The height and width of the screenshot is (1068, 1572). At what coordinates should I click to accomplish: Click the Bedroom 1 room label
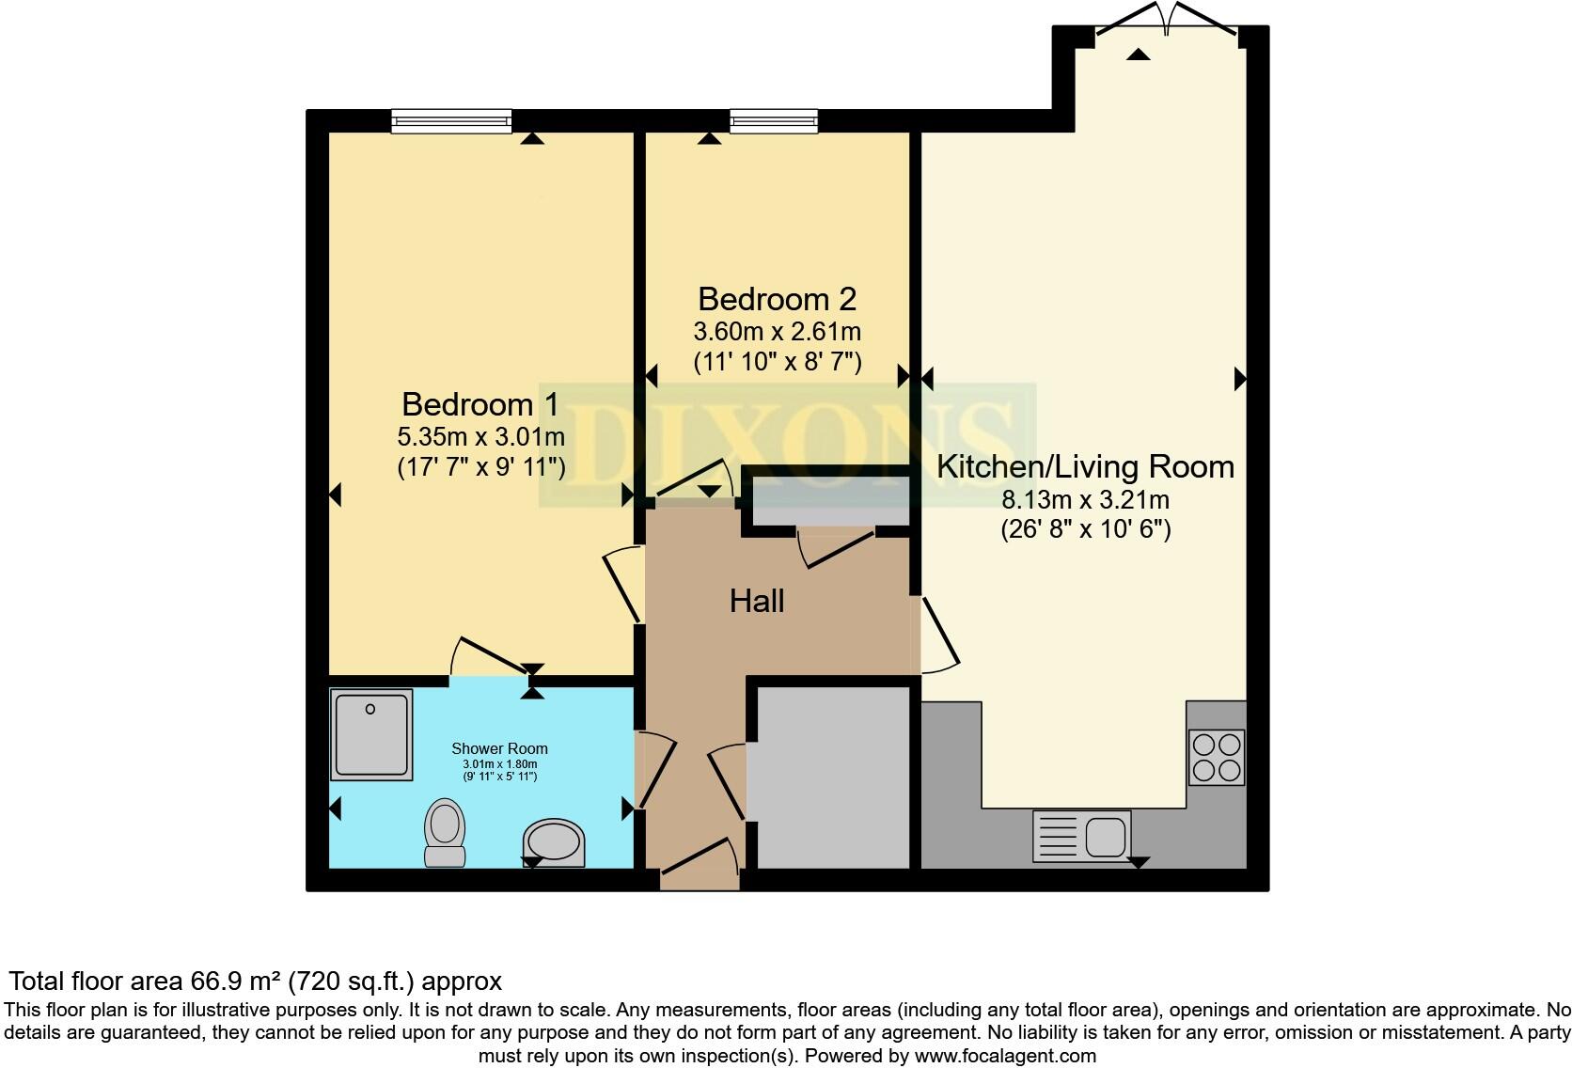pos(479,404)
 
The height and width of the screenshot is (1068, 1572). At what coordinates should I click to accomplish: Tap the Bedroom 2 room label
pos(777,299)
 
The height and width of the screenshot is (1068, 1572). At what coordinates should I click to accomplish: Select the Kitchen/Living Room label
pos(1085,466)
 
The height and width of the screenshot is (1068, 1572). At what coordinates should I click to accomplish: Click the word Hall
pos(757,602)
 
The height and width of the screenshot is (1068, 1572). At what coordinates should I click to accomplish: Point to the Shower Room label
pos(499,748)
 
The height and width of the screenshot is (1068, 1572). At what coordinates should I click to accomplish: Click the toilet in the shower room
pos(445,832)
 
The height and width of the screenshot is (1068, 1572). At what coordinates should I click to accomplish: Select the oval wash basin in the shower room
pos(553,841)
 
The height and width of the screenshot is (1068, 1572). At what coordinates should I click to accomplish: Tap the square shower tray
pos(371,734)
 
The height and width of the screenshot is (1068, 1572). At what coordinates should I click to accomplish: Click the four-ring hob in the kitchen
pos(1217,758)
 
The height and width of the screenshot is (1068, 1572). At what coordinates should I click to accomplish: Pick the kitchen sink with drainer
pos(1081,835)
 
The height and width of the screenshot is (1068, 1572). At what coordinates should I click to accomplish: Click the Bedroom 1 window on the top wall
pos(451,120)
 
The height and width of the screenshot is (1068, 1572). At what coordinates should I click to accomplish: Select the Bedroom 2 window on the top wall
pos(774,120)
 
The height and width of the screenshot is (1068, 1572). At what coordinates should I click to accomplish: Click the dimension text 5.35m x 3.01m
pos(480,436)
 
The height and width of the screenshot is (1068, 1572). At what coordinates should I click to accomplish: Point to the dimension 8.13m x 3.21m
pos(1085,499)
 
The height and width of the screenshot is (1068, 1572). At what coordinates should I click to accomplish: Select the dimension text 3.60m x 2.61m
pos(777,331)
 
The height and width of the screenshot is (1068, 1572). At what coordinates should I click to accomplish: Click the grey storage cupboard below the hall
pos(833,777)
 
